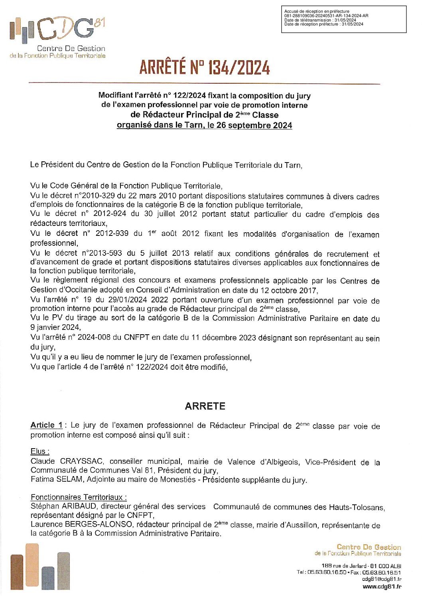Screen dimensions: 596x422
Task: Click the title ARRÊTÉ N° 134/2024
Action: click(x=205, y=67)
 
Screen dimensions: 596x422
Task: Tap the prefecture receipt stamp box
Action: click(x=343, y=19)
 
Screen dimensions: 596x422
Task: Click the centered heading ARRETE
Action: click(x=205, y=406)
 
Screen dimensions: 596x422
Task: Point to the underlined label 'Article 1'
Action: click(x=46, y=425)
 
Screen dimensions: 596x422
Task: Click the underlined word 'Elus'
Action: click(x=39, y=451)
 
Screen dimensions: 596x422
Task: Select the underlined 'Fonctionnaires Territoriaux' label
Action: click(x=78, y=497)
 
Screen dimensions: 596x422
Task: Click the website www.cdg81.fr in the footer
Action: click(x=382, y=586)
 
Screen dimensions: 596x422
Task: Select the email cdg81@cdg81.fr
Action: click(x=382, y=579)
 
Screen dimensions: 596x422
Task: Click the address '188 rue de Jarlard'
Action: click(x=344, y=566)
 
